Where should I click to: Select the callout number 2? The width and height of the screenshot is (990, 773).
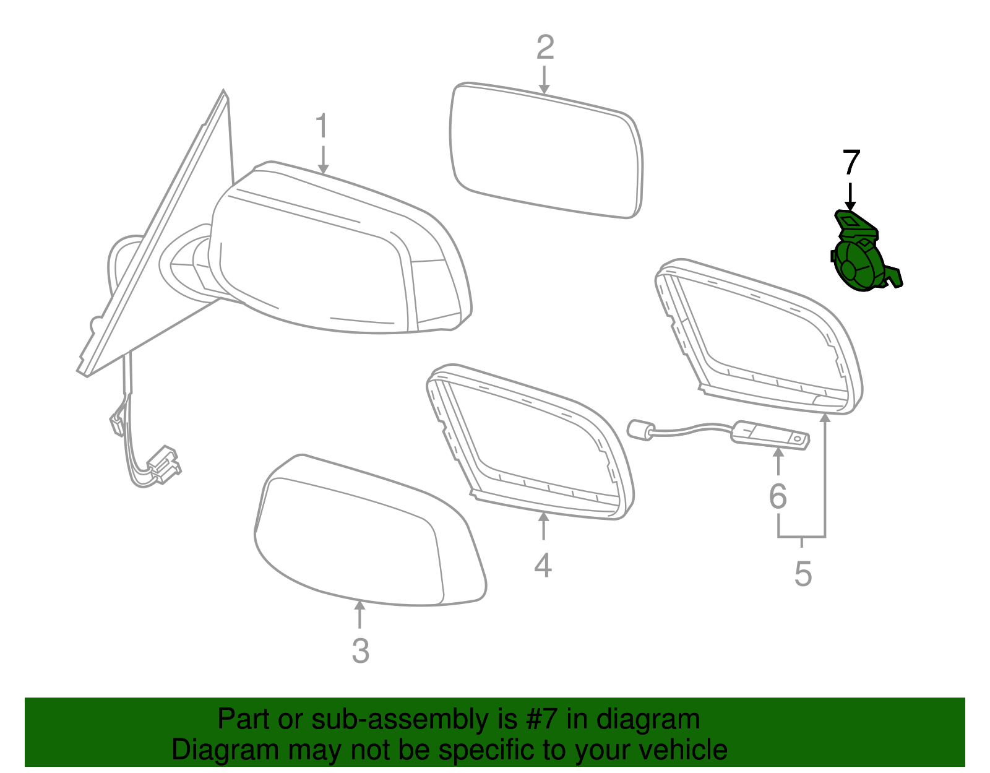click(x=545, y=48)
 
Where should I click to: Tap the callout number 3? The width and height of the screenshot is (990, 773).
click(x=360, y=650)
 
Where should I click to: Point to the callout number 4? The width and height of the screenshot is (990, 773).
click(x=543, y=565)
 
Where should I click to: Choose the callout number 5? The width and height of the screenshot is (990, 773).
click(x=803, y=574)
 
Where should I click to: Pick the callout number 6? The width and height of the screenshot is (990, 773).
click(x=778, y=496)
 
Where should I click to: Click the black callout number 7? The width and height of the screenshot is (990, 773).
click(x=851, y=162)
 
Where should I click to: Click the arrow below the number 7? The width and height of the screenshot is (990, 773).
click(x=850, y=196)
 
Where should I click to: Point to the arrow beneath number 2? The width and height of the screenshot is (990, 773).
click(x=544, y=80)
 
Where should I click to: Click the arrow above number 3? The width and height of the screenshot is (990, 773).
click(x=360, y=615)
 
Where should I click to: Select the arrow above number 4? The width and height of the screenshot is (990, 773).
click(x=543, y=526)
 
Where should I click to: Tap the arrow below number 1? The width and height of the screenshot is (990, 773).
click(x=323, y=160)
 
